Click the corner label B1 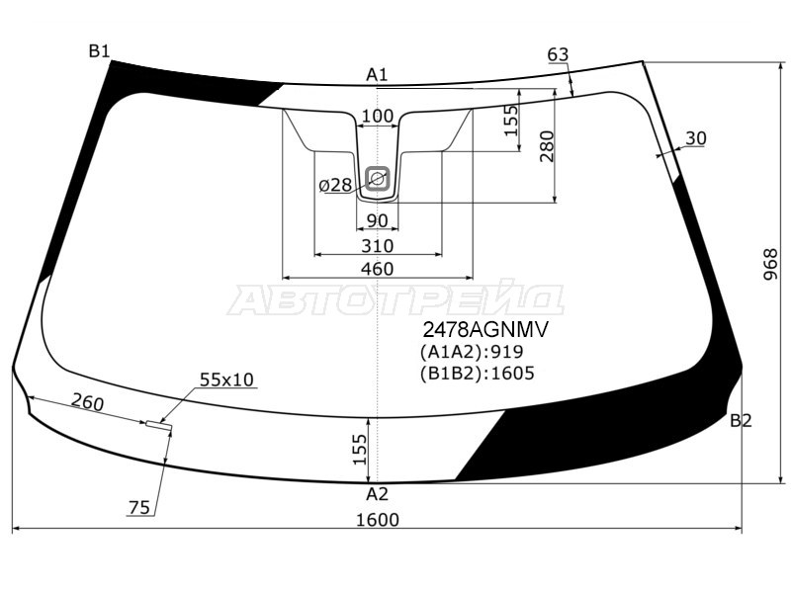tap(99, 51)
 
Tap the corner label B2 tap(741, 420)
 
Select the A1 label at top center tap(377, 75)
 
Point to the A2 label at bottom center tap(377, 494)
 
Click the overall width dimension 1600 tap(378, 520)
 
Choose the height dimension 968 tap(770, 265)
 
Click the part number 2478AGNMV tap(484, 330)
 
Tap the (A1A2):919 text tap(472, 352)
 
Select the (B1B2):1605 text tap(477, 374)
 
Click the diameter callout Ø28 tap(335, 186)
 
